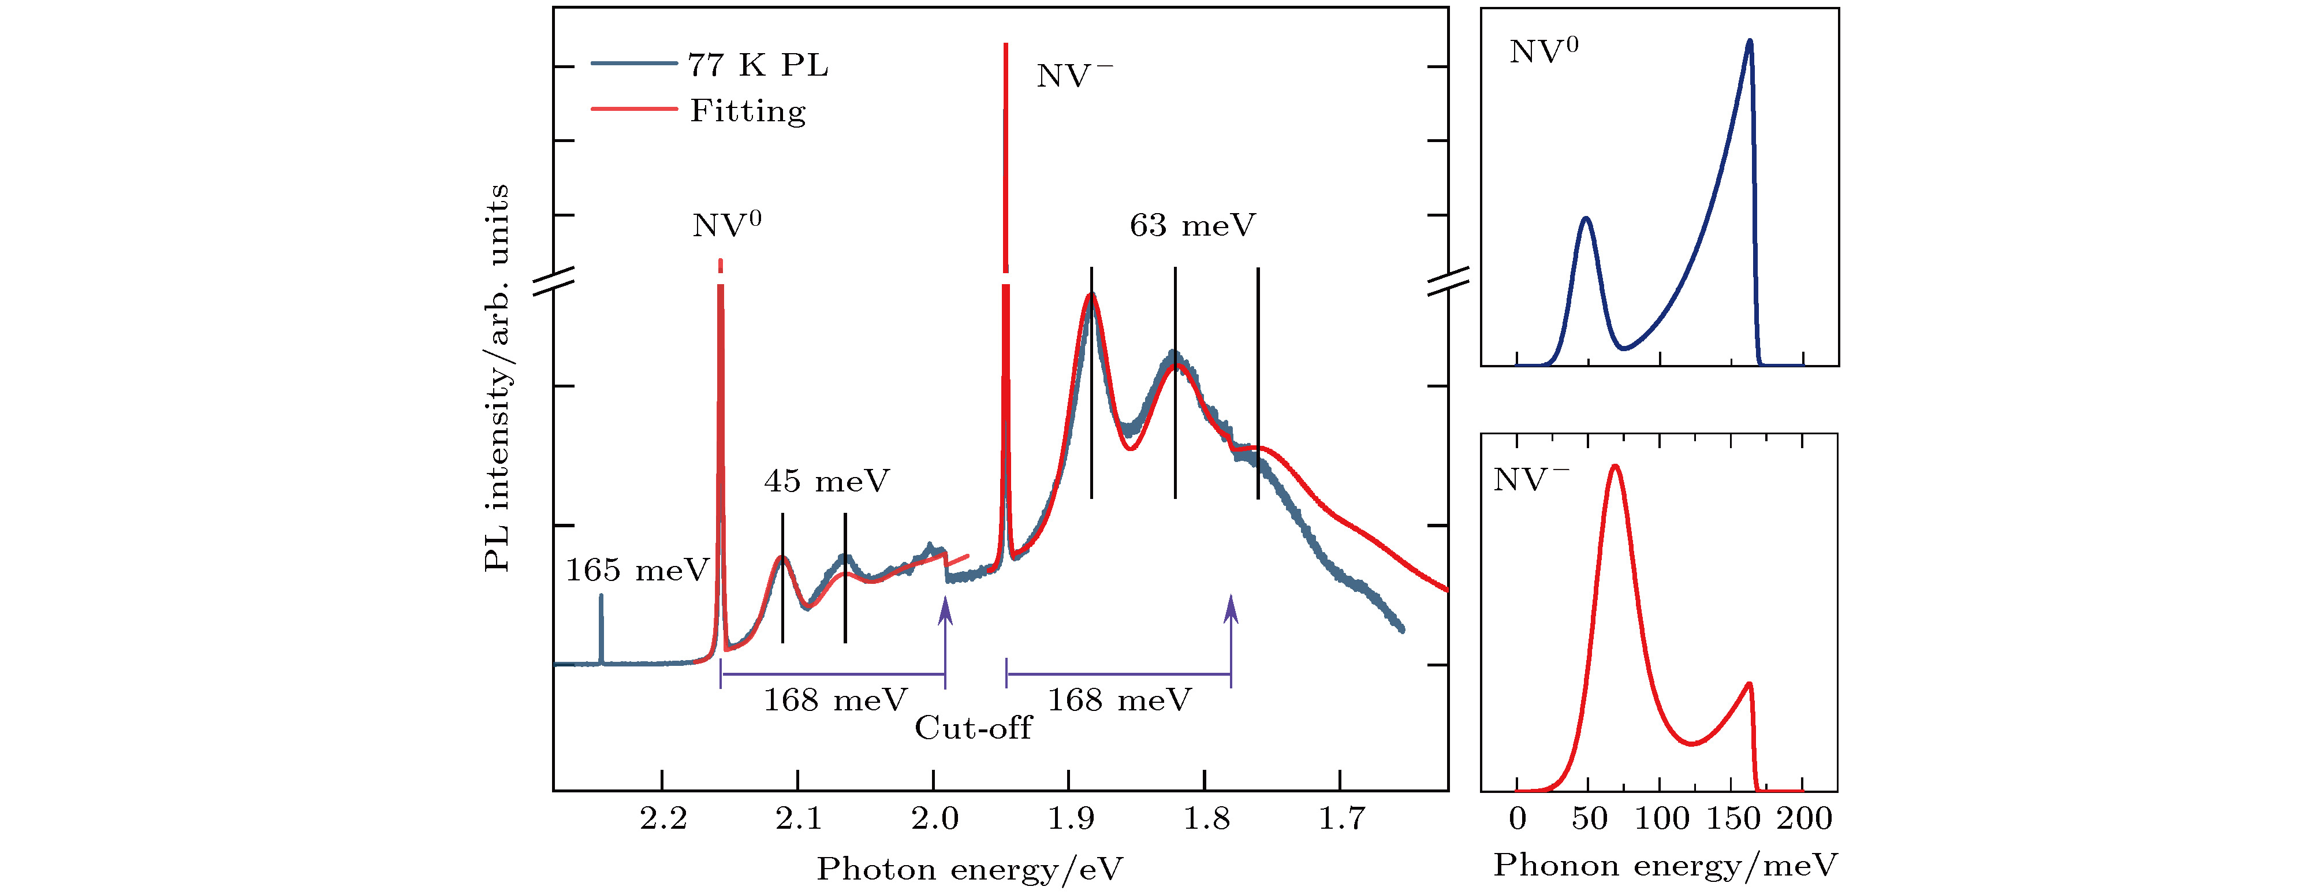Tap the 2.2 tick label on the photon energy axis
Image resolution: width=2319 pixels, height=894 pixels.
tap(663, 818)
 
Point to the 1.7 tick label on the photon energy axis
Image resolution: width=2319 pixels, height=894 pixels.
tap(1341, 818)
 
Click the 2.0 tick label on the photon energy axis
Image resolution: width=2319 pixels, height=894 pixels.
tap(934, 818)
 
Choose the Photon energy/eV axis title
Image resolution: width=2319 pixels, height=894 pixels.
tap(970, 869)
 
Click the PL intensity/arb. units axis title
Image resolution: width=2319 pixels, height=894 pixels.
tap(497, 378)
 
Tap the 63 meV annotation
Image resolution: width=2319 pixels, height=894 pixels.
tap(1192, 225)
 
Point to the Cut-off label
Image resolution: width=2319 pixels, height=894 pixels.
tap(973, 728)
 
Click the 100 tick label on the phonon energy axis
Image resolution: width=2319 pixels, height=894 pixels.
tap(1661, 818)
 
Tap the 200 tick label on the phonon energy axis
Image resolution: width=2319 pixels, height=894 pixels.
tap(1804, 818)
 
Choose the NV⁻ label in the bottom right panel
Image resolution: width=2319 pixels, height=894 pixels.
tap(1530, 479)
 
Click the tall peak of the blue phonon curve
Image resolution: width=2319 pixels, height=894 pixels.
tap(1749, 42)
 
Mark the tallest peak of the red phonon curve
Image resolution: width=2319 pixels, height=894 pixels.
tap(1615, 467)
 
